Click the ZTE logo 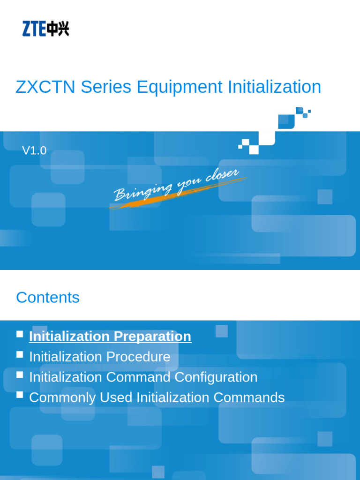click(x=45, y=29)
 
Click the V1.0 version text click(x=34, y=150)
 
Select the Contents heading click(x=48, y=298)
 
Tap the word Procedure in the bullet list click(x=138, y=357)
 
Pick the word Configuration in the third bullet click(x=216, y=377)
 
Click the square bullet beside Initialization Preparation click(x=20, y=334)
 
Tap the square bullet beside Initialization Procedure click(x=20, y=354)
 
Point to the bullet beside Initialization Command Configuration click(x=20, y=375)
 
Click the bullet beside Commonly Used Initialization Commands click(x=20, y=395)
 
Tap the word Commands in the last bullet click(x=249, y=397)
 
